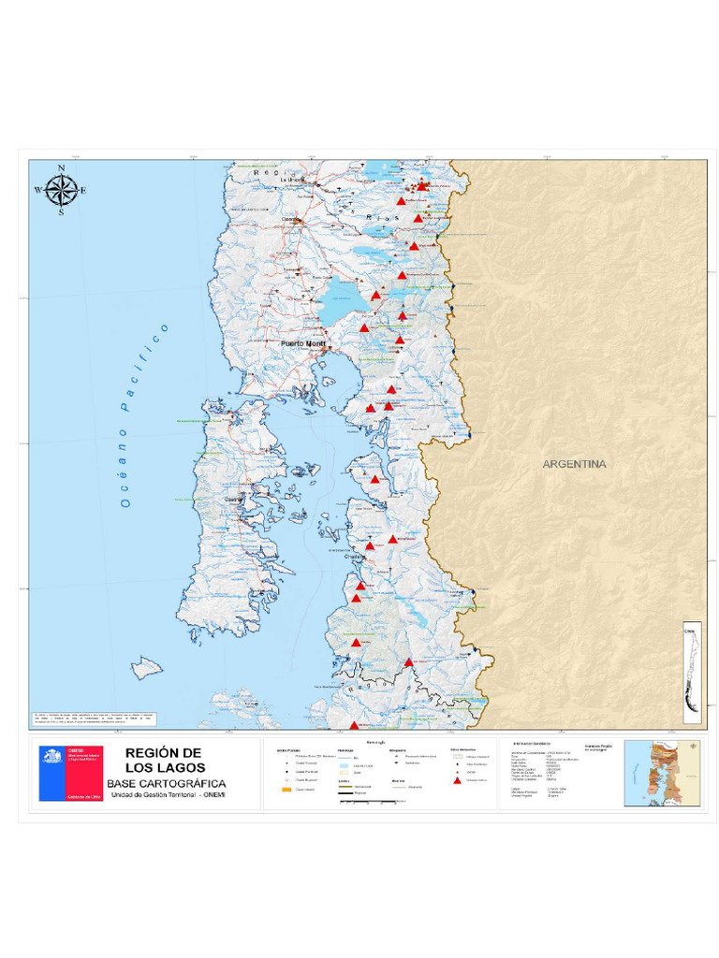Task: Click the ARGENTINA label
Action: tap(574, 464)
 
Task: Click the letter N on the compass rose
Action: tap(62, 169)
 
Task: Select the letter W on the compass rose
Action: tap(38, 191)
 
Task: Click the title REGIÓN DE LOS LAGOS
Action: tap(164, 761)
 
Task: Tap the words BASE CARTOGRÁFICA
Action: tap(166, 783)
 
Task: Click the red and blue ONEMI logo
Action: tap(71, 773)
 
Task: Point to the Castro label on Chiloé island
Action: tap(231, 500)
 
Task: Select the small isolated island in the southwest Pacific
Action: tap(147, 668)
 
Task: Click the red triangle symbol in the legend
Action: tap(456, 780)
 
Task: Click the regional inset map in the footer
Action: tap(661, 769)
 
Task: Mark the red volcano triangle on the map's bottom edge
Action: tap(354, 725)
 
